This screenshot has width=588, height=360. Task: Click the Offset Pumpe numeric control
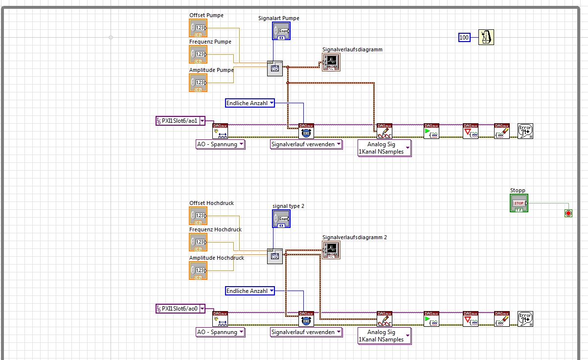click(x=198, y=28)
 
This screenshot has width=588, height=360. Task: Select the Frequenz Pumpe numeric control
click(x=198, y=54)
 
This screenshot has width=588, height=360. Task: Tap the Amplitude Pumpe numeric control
click(x=198, y=83)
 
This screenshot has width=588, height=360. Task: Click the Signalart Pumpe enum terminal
click(x=281, y=31)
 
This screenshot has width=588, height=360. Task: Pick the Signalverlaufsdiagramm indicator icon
click(x=331, y=62)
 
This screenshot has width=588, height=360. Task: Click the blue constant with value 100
click(x=464, y=37)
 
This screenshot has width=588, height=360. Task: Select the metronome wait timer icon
click(x=486, y=37)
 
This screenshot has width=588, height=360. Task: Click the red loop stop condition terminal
click(x=568, y=213)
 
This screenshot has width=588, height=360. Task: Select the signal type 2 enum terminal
click(x=281, y=219)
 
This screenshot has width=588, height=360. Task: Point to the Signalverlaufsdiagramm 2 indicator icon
click(x=331, y=250)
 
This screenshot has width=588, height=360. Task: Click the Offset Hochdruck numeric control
click(x=198, y=216)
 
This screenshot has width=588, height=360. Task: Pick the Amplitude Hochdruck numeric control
click(x=198, y=270)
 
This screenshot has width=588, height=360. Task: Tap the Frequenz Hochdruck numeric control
click(x=198, y=242)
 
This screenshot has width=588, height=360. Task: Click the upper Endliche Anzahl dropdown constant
click(x=250, y=103)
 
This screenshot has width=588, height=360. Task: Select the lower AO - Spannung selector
click(x=220, y=332)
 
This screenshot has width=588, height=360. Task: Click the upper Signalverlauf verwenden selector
click(x=306, y=144)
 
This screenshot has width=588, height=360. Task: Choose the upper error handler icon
click(x=525, y=131)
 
